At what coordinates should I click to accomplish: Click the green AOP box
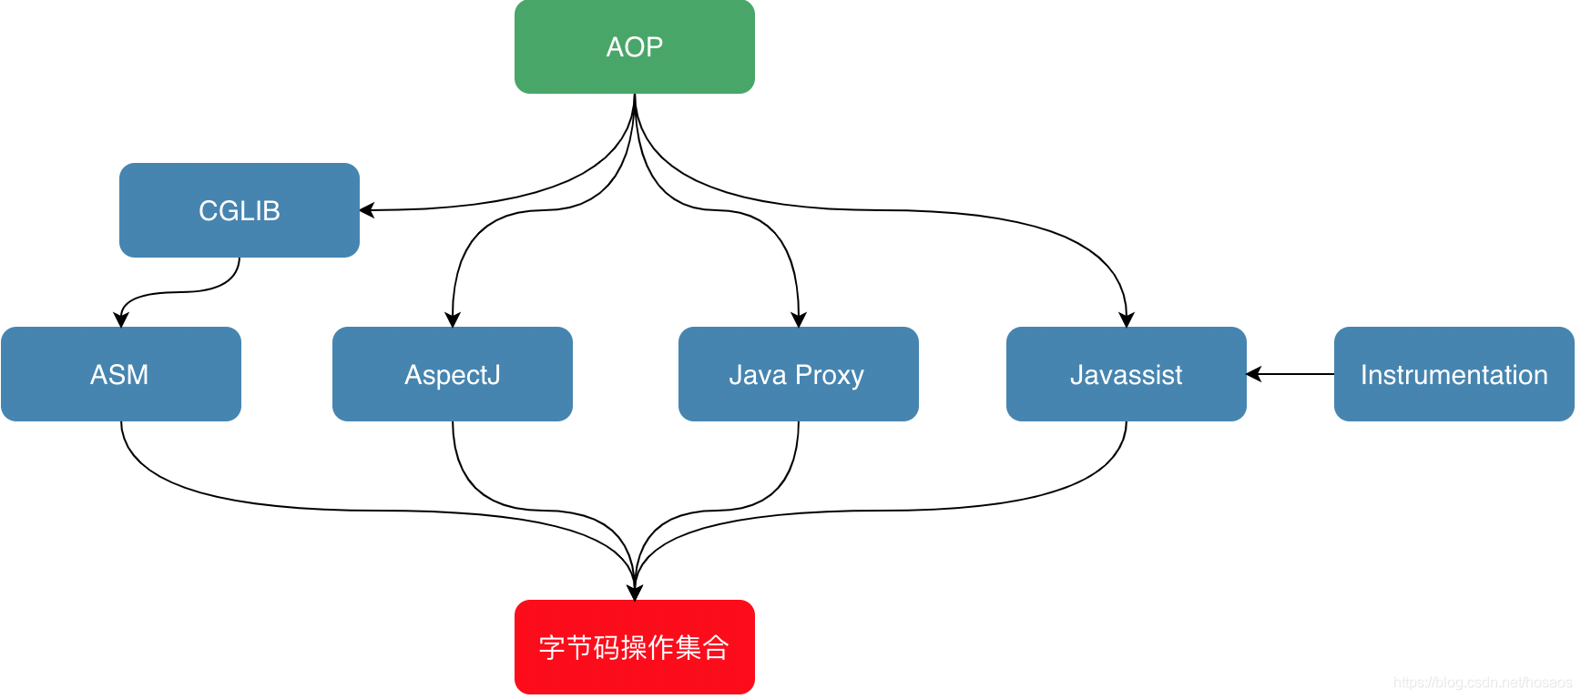[x=634, y=46]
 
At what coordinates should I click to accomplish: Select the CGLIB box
[x=239, y=210]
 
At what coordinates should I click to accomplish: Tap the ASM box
[x=120, y=374]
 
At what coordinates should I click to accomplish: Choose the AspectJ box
[x=452, y=374]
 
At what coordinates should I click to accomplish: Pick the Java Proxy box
[x=798, y=374]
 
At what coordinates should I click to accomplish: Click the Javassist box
[x=1126, y=374]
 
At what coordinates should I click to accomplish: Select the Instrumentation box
[x=1453, y=374]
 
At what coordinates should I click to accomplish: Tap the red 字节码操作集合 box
[x=634, y=647]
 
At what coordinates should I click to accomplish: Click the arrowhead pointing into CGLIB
[x=367, y=210]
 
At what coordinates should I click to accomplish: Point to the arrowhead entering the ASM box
[x=120, y=319]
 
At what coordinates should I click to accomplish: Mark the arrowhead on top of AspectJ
[x=453, y=319]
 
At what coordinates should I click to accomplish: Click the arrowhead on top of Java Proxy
[x=799, y=319]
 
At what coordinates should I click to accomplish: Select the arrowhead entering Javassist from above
[x=1127, y=319]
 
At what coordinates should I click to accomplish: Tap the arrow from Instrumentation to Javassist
[x=1293, y=374]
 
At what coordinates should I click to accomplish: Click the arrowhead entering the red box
[x=635, y=593]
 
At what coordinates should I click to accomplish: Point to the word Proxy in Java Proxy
[x=829, y=375]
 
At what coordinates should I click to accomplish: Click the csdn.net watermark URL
[x=1482, y=683]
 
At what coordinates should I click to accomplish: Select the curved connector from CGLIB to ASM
[x=182, y=292]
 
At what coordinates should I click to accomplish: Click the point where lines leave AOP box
[x=635, y=96]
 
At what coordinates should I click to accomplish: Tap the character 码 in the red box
[x=607, y=647]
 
